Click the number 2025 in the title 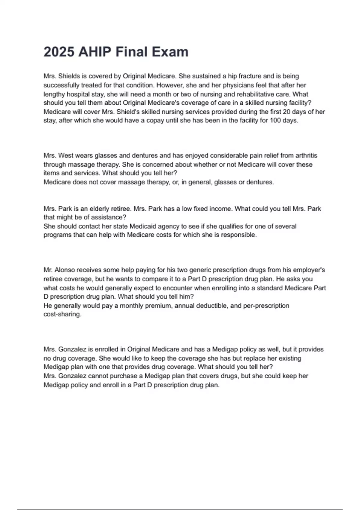point(59,52)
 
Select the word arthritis point(306,156)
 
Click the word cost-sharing point(62,315)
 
